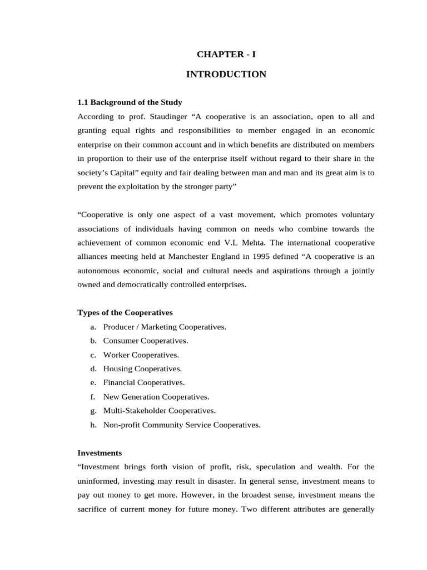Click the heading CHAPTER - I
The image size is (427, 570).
point(226,54)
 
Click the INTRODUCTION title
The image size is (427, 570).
point(226,74)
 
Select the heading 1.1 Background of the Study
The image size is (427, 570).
point(130,102)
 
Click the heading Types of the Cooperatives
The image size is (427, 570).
point(125,312)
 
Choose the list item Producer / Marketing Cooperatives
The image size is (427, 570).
point(165,327)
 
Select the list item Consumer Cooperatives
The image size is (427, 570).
point(146,341)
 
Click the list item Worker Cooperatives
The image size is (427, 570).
point(141,355)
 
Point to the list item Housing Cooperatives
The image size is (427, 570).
point(142,368)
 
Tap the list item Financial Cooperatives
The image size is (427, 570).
point(144,382)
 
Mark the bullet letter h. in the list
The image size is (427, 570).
point(93,425)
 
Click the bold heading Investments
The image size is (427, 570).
point(100,453)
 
